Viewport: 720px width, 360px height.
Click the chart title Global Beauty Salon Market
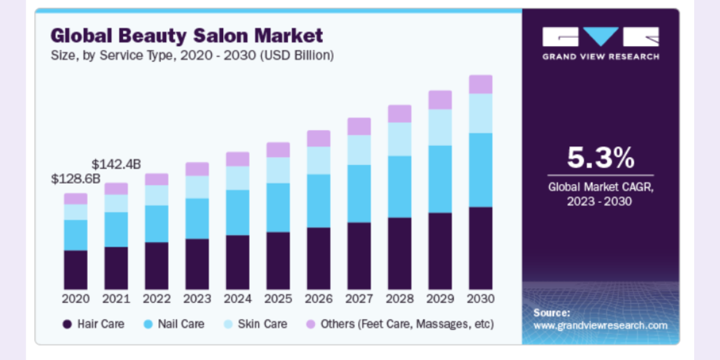[x=187, y=35]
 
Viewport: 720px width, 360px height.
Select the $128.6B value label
[x=76, y=179]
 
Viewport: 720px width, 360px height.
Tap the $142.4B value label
[x=116, y=164]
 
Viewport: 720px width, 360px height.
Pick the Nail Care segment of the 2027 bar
[x=359, y=193]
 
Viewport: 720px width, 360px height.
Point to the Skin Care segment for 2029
[x=440, y=127]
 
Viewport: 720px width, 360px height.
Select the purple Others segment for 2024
[x=238, y=158]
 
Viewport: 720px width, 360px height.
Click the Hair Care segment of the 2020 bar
[x=76, y=269]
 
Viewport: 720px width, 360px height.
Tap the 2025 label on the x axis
[x=278, y=299]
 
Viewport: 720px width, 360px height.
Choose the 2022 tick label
[x=157, y=299]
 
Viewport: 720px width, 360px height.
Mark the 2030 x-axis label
[x=481, y=299]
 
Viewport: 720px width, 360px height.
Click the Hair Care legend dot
[x=67, y=325]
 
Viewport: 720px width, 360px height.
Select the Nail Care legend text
[x=181, y=324]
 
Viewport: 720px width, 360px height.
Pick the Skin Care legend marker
[x=229, y=325]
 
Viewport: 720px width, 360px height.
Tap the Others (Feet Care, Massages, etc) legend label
[x=407, y=324]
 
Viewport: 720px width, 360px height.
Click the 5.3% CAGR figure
[x=600, y=158]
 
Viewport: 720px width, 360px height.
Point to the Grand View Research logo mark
[x=600, y=37]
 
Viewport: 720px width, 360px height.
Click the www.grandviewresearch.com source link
[x=600, y=325]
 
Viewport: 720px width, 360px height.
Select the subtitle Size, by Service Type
[x=192, y=55]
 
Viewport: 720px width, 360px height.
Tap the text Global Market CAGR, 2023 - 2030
[x=600, y=194]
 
